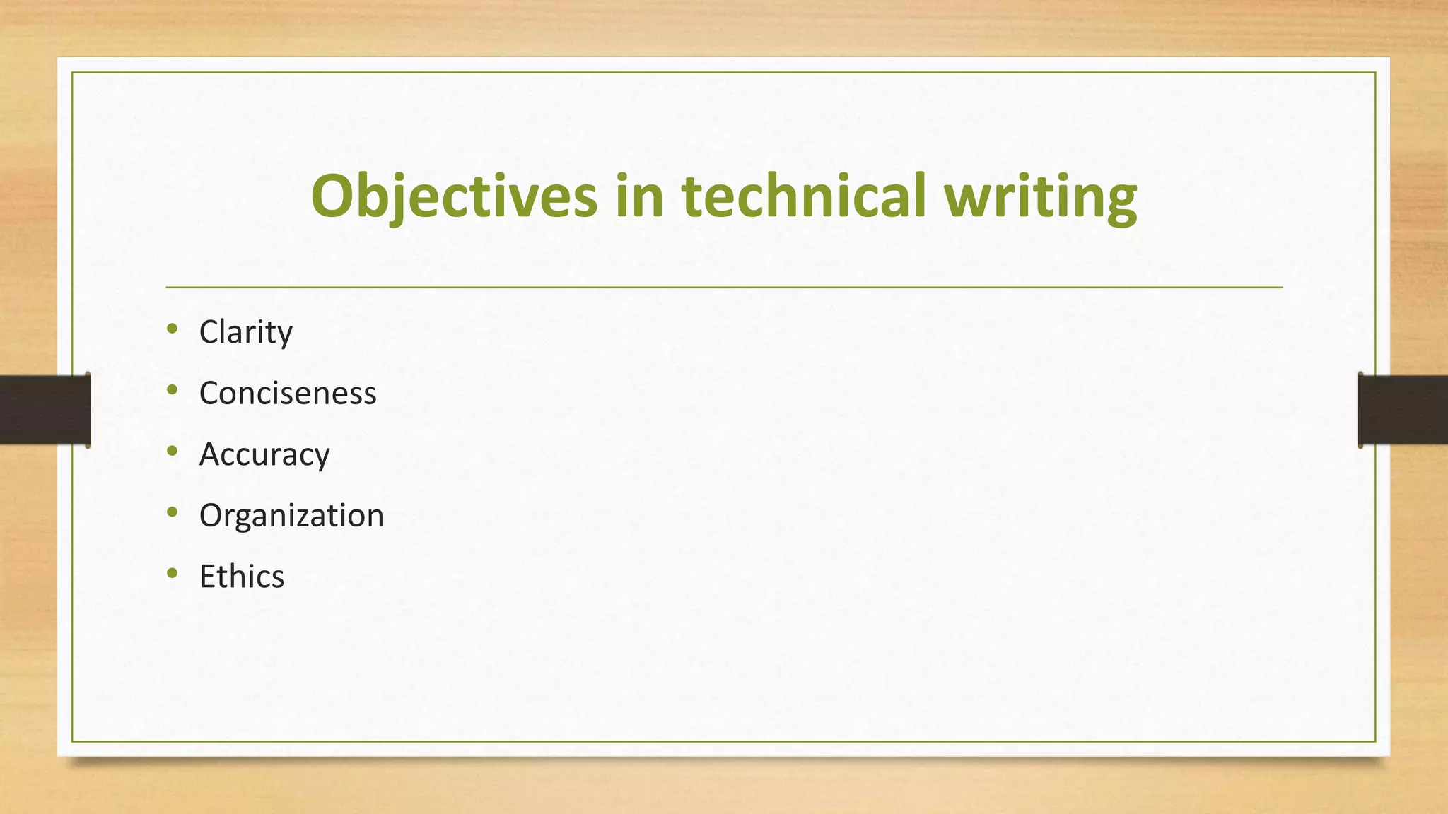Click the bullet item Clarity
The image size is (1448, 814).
245,332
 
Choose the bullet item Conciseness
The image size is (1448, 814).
288,393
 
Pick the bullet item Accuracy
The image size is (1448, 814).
264,454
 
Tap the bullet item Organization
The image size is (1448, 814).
291,516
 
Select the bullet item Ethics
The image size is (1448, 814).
242,577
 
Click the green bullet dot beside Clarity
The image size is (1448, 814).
173,329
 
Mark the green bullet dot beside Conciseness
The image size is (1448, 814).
173,389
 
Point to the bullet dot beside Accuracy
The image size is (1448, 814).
173,451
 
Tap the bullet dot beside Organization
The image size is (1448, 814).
173,512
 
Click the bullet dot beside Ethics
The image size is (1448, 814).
173,573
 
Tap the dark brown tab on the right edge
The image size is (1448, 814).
1403,410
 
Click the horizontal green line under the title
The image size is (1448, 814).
724,288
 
